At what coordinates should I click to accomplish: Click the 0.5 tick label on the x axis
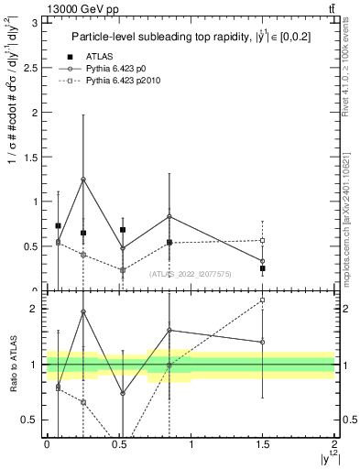click(x=118, y=443)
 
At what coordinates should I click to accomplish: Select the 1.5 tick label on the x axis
click(x=263, y=443)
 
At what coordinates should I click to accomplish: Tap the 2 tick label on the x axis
click(x=334, y=443)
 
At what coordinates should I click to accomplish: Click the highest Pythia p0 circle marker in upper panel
click(x=83, y=180)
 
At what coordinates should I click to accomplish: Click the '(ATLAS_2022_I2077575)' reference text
click(x=190, y=273)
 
